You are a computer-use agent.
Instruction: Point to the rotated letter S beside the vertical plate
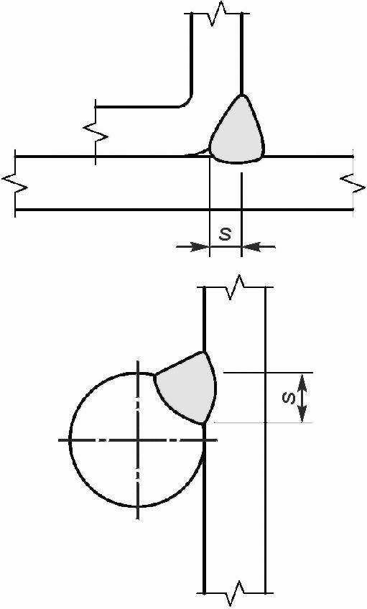point(289,398)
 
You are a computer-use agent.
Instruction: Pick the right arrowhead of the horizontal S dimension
point(250,246)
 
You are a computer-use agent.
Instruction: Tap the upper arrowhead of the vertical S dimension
point(303,382)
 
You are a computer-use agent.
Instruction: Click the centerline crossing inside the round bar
point(137,440)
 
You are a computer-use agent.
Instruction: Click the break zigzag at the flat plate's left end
point(15,183)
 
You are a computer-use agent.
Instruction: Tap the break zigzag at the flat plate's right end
point(353,183)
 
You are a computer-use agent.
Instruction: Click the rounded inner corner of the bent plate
point(187,101)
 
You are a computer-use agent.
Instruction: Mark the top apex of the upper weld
point(241,94)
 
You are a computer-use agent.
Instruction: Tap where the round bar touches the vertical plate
point(204,440)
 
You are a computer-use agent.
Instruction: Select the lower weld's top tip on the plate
point(204,352)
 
